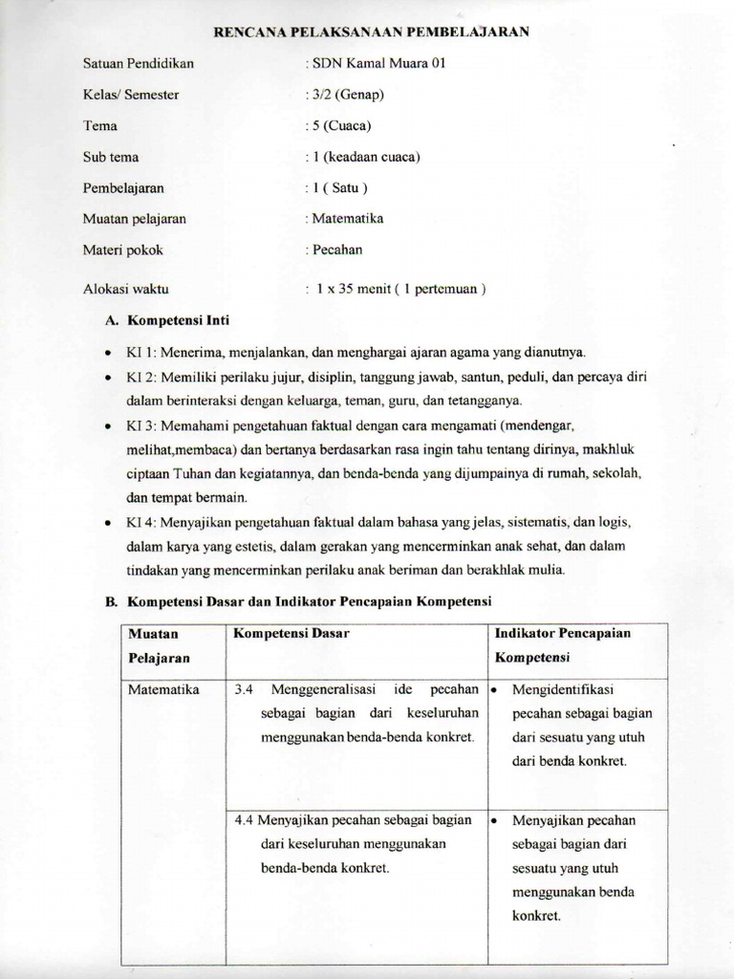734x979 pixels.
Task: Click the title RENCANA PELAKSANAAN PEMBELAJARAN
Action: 371,33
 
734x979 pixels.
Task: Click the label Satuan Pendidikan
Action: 139,64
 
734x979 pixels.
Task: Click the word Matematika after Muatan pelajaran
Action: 348,219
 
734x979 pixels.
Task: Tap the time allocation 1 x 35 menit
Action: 353,289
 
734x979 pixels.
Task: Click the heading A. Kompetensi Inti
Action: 166,320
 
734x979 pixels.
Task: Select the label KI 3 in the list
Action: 140,424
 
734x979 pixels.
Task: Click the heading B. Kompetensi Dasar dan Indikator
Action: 297,601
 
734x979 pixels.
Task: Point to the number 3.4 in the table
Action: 243,689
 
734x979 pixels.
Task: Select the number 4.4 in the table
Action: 243,820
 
